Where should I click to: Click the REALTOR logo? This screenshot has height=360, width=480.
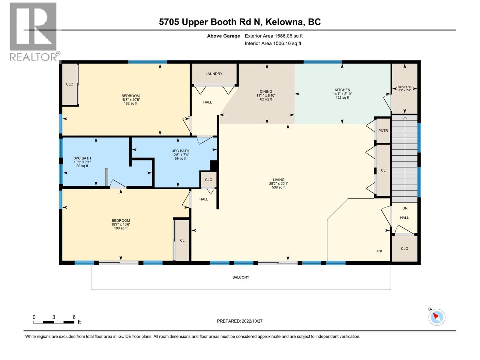click(x=34, y=31)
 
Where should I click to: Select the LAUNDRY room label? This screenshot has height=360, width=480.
click(x=214, y=74)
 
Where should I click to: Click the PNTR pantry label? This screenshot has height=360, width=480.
click(x=383, y=131)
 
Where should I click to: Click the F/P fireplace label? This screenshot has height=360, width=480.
click(x=379, y=251)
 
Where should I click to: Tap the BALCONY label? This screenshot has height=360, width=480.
click(x=241, y=277)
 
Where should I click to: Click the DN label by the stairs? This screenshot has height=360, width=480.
click(x=405, y=208)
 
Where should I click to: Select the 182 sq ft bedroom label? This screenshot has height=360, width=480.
click(x=130, y=100)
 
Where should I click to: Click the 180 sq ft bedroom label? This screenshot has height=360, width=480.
click(x=121, y=224)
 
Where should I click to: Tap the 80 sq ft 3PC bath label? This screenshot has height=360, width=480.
click(x=82, y=162)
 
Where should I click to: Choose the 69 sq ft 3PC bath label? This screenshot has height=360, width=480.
click(x=180, y=155)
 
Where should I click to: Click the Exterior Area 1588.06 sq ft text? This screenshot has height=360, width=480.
click(x=274, y=36)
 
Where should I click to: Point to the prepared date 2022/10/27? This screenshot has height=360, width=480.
click(x=240, y=321)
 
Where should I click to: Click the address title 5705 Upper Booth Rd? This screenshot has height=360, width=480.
click(x=240, y=22)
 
